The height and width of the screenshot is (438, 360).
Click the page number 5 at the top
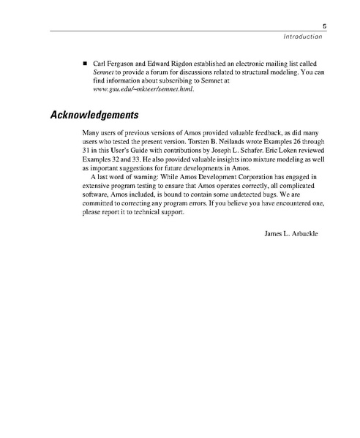click(323, 24)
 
